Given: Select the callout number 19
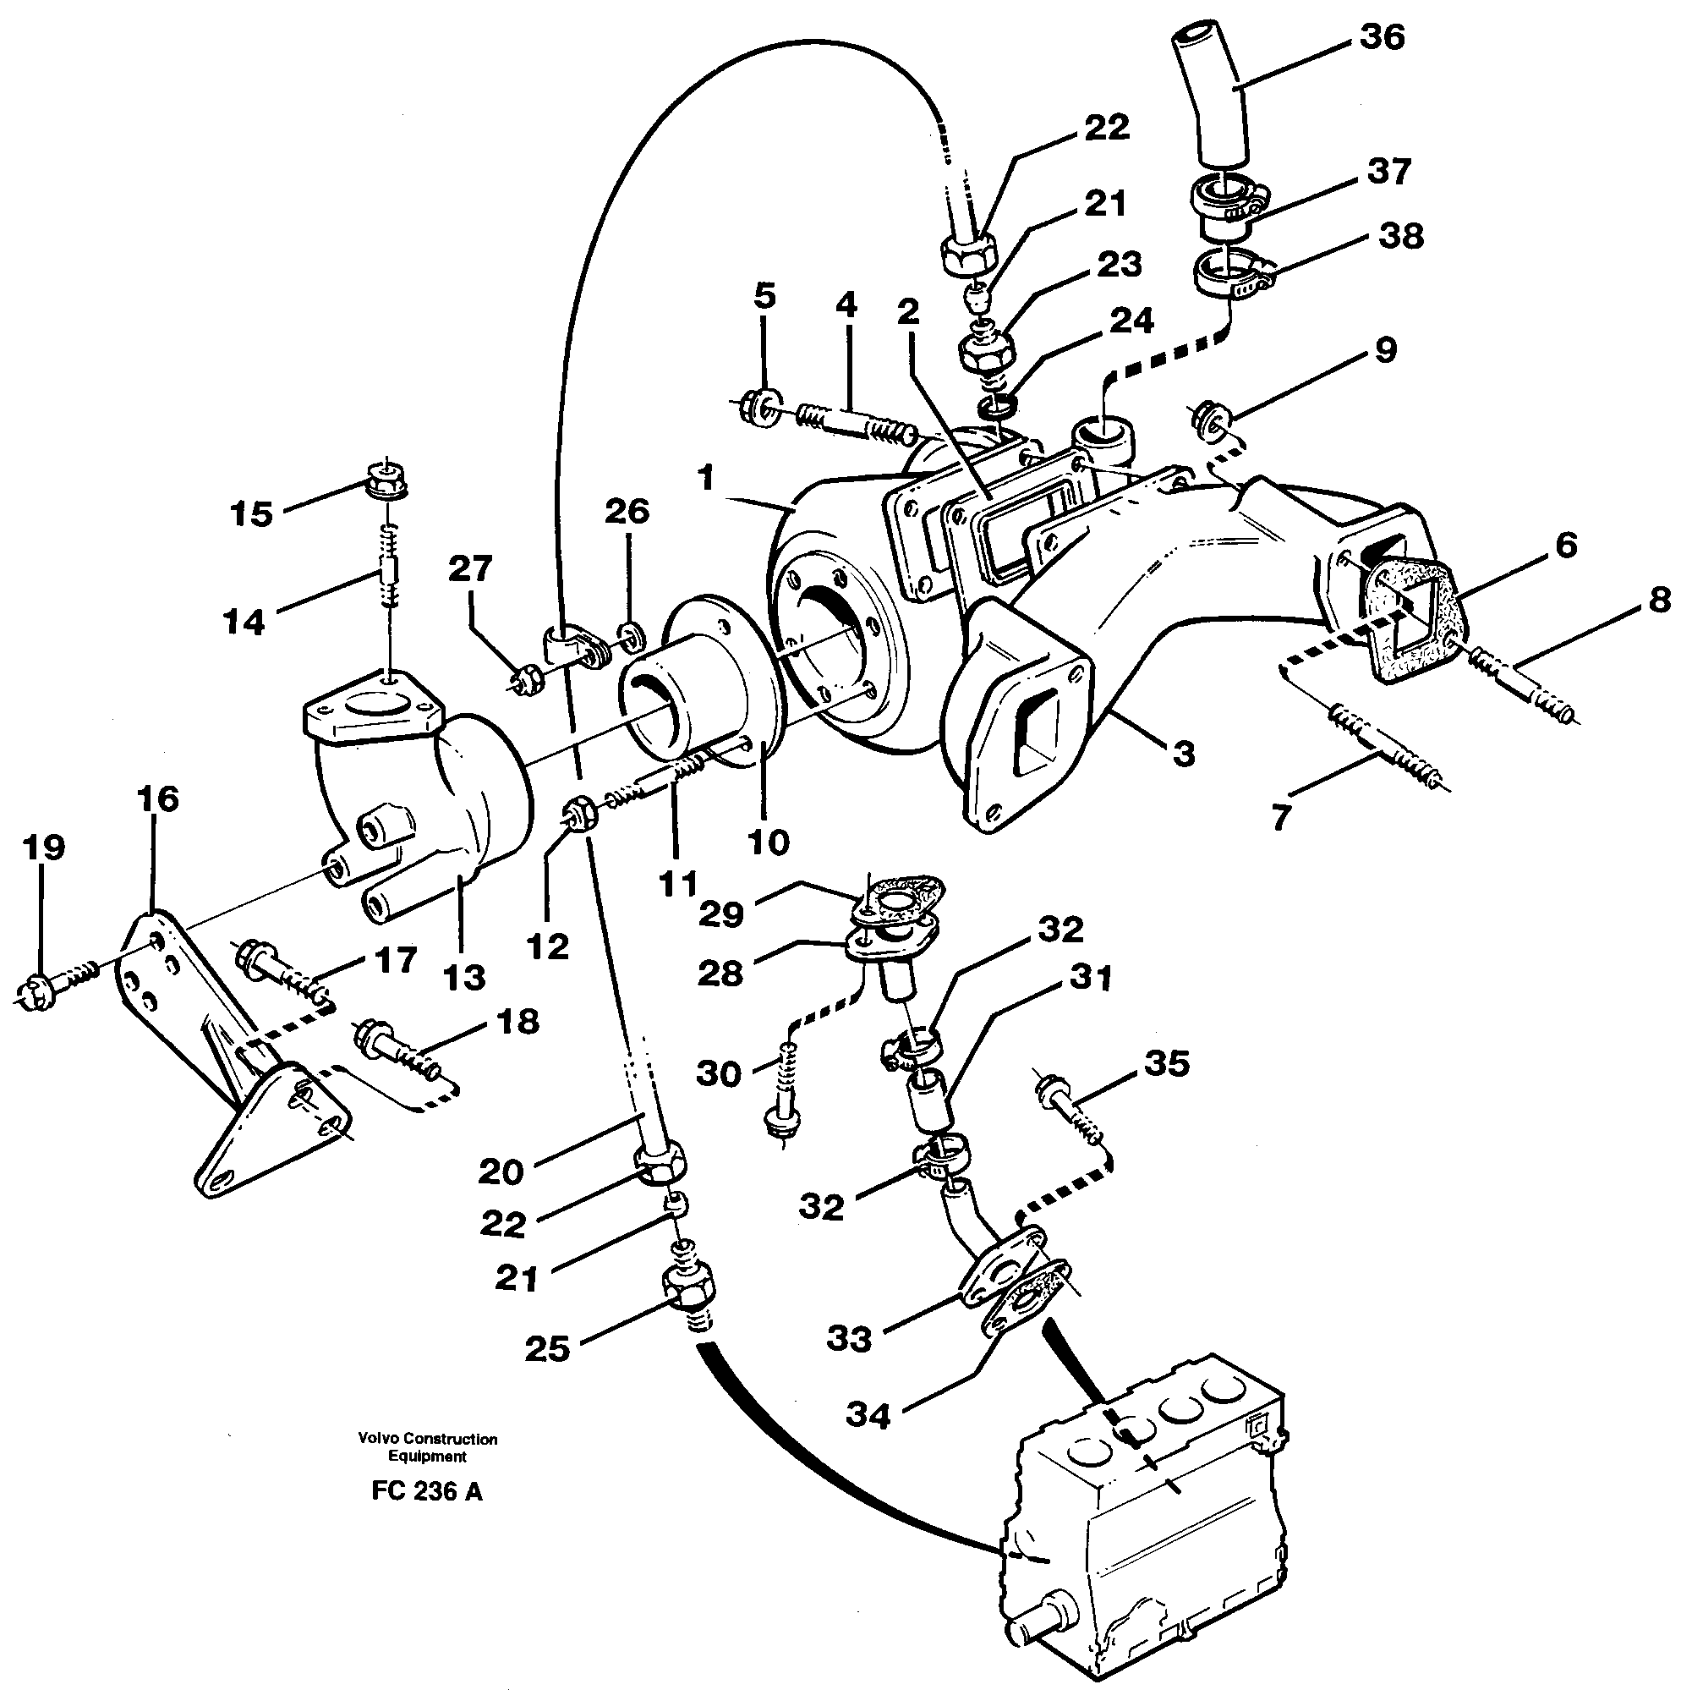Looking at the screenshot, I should coord(44,848).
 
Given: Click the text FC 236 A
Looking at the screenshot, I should coord(426,1491).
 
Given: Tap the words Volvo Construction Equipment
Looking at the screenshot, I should coord(427,1447).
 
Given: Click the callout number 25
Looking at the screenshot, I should coord(547,1348).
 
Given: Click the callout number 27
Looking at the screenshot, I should coord(470,569).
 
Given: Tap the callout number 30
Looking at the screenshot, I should coord(718,1073).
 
